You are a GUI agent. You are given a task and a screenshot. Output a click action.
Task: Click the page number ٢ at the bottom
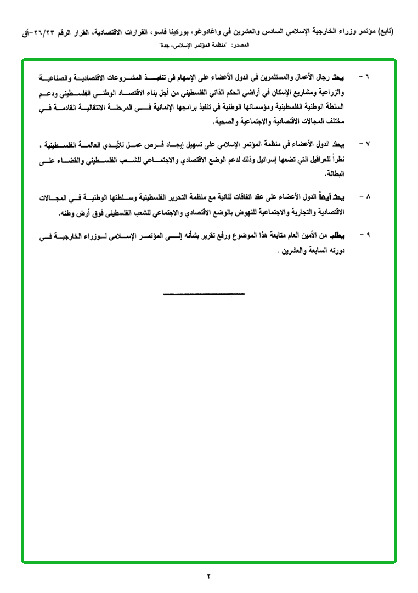point(209,575)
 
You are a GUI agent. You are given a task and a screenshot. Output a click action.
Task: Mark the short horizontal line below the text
point(204,295)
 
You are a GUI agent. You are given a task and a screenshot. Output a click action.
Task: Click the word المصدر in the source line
point(240,46)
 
